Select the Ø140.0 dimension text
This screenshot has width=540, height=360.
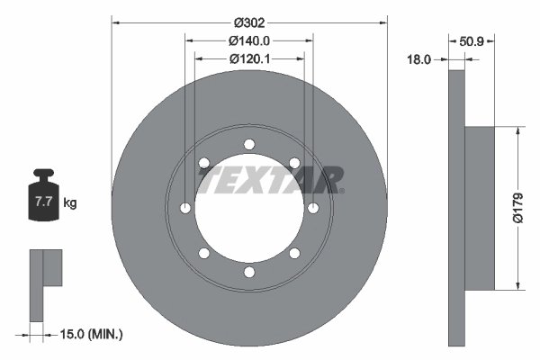point(249,40)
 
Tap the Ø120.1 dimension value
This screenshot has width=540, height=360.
point(249,58)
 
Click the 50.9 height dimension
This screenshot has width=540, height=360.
point(473,40)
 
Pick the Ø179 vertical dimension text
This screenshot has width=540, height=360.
point(517,208)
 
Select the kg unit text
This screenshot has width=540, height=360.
point(70,203)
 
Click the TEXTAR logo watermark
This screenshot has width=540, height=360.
point(270,180)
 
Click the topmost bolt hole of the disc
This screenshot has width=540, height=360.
point(249,144)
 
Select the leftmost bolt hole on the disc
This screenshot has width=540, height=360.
point(185,209)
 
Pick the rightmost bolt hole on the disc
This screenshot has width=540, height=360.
point(313,209)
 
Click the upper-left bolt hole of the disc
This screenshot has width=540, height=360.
point(204,164)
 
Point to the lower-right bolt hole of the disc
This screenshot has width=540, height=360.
point(294,254)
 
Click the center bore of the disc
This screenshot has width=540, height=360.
point(249,209)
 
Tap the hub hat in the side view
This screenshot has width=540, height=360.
point(480,208)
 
